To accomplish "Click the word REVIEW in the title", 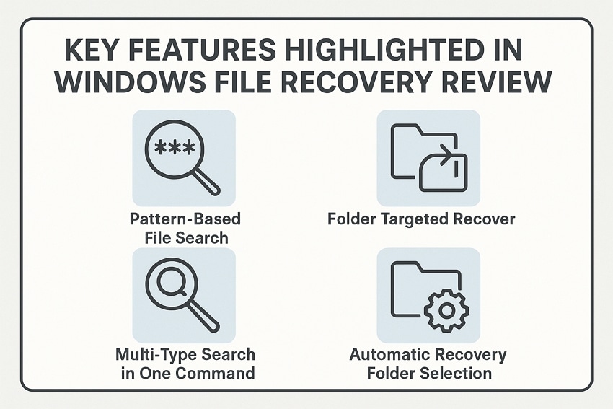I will click(x=490, y=83).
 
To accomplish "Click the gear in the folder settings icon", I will click(x=446, y=311).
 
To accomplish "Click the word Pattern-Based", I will click(x=184, y=219).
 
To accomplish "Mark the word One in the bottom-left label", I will click(x=159, y=373).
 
